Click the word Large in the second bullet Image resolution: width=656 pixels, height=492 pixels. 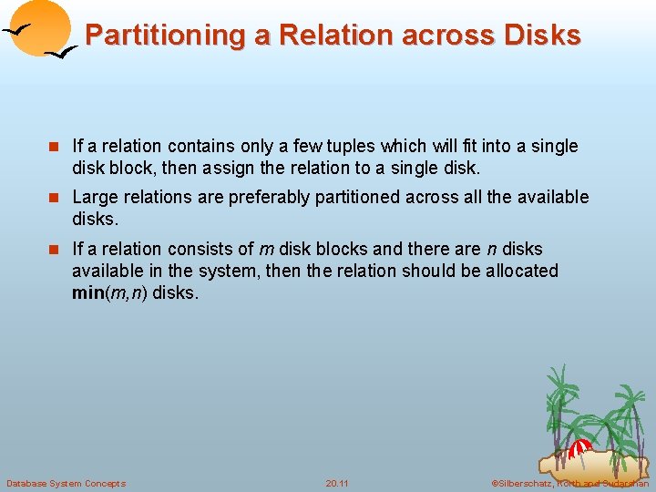(x=94, y=197)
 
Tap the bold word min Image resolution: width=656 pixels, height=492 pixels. (x=88, y=293)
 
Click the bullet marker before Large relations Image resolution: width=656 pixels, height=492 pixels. (x=54, y=198)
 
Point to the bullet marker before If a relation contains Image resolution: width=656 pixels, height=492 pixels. (x=54, y=147)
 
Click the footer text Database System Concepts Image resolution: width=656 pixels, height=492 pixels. (x=66, y=483)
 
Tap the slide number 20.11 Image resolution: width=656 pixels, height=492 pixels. (x=337, y=483)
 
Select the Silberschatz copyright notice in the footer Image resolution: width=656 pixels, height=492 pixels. (x=569, y=483)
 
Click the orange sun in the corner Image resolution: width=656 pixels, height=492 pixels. (x=41, y=26)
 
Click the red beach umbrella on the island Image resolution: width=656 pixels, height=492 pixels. (x=579, y=448)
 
